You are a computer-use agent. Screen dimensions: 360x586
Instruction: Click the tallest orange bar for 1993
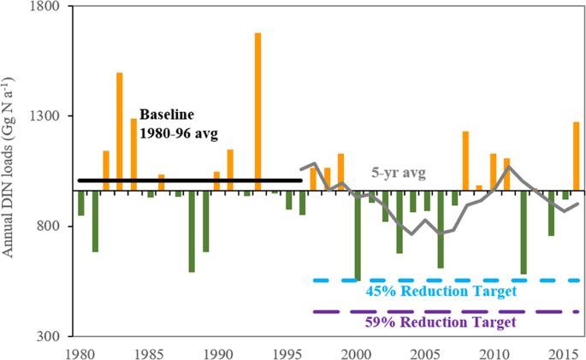(x=257, y=111)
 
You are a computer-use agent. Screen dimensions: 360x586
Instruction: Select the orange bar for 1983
(x=120, y=132)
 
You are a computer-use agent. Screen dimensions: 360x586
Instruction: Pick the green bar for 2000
(x=357, y=235)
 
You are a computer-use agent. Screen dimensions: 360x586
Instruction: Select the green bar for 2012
(x=523, y=233)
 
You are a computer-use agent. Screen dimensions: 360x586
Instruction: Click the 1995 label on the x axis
(x=287, y=351)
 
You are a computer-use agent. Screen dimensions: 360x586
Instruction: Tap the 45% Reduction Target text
(x=441, y=292)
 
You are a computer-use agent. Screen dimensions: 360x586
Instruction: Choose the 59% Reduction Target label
(x=441, y=323)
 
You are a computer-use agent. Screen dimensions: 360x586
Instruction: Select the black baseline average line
(x=189, y=180)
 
